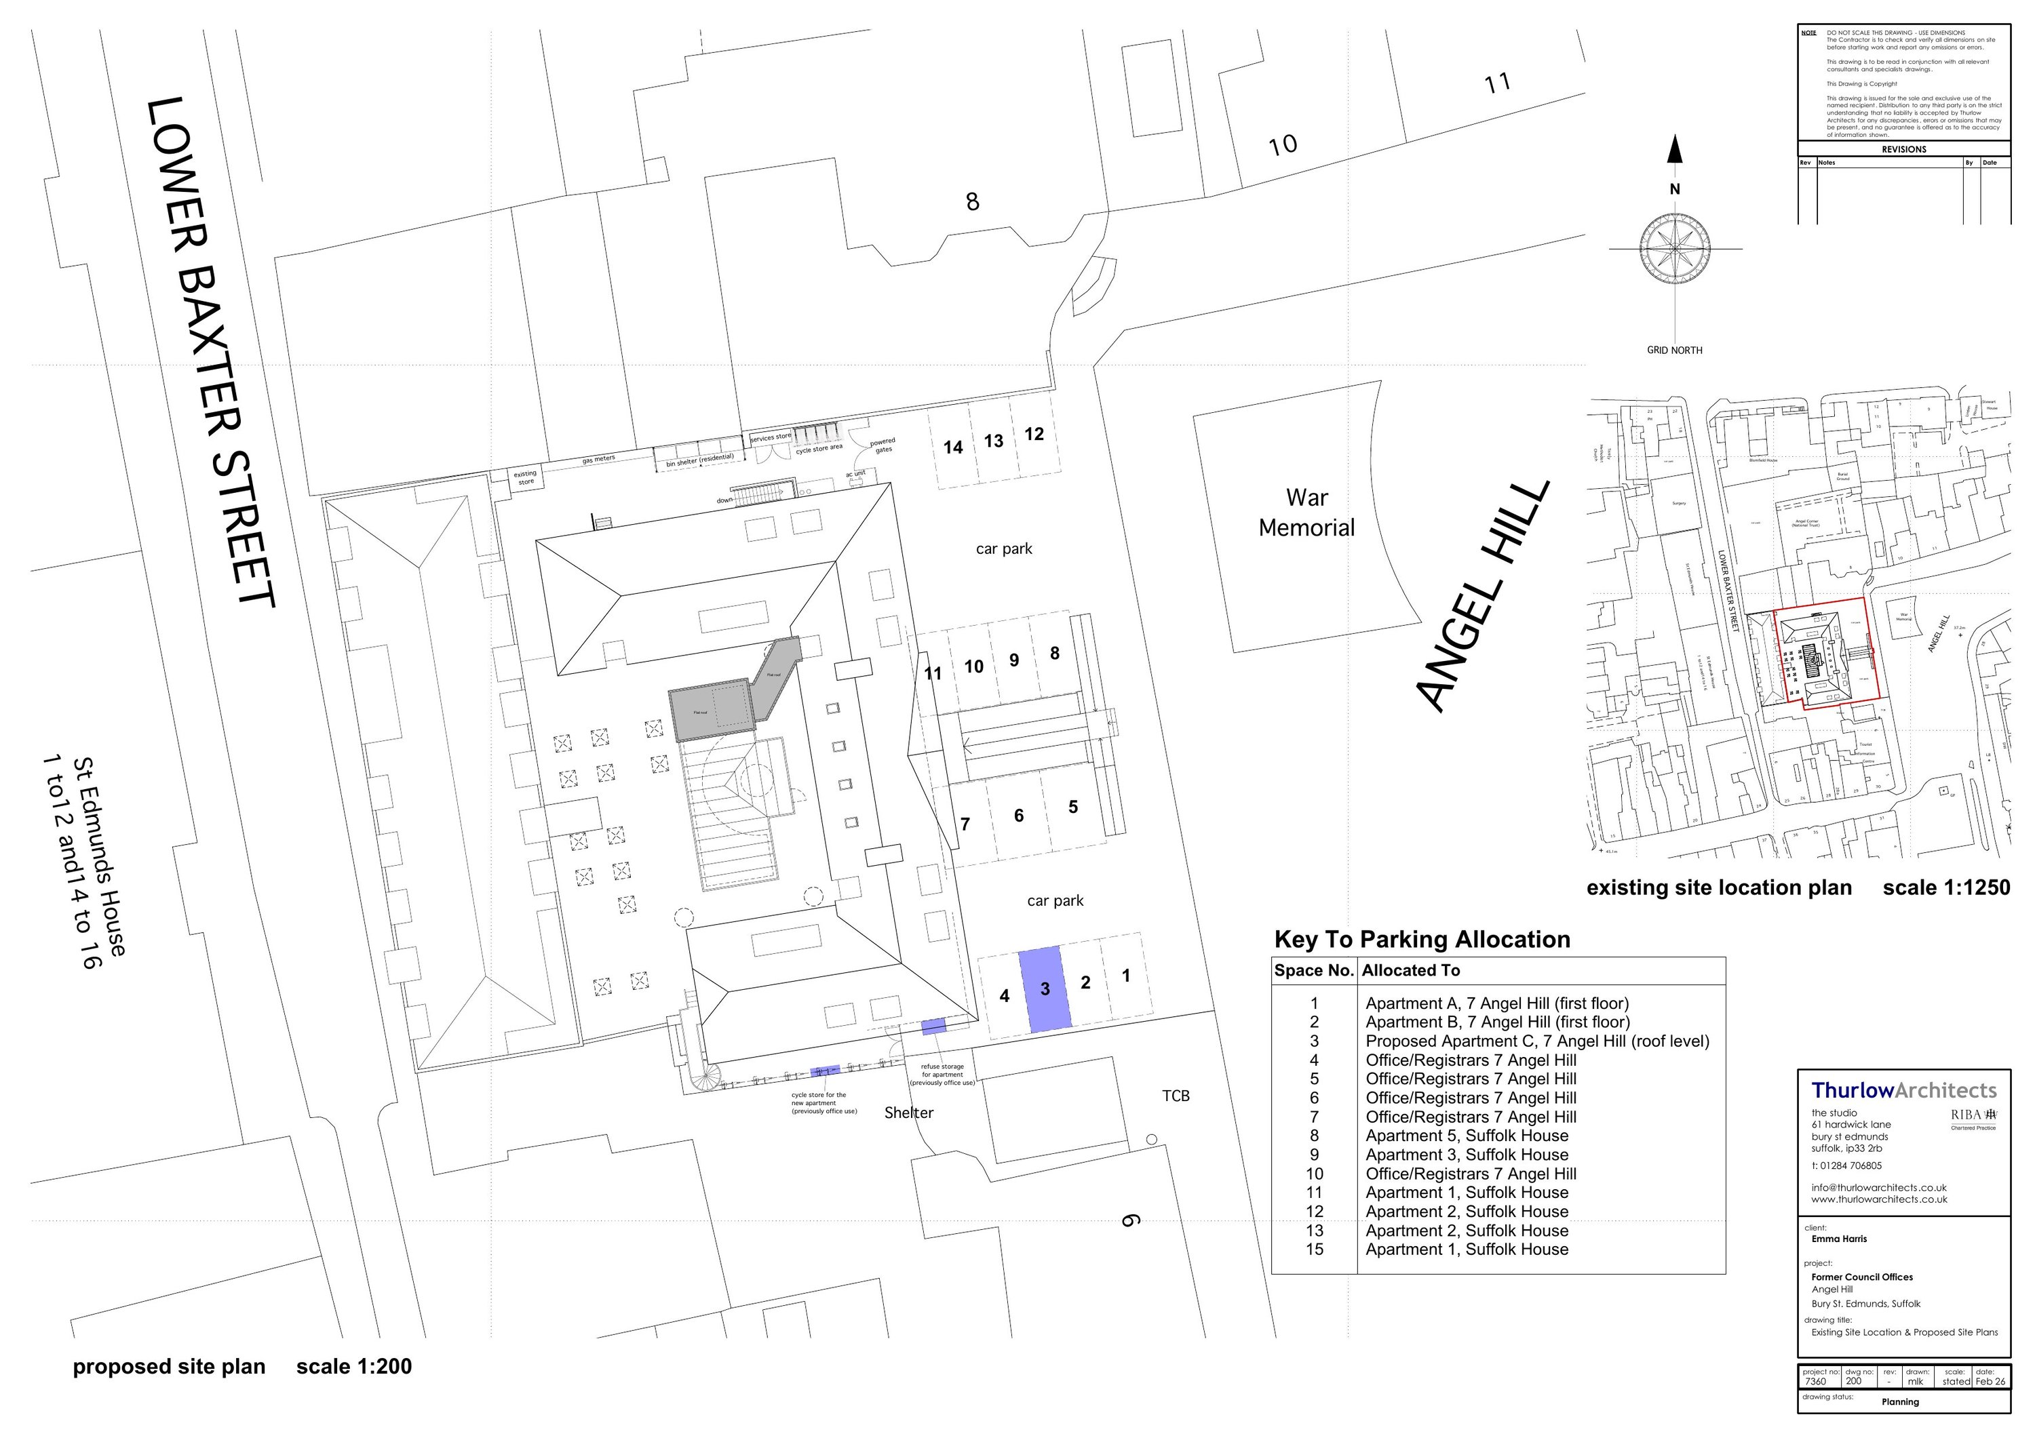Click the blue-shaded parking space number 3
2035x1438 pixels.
(x=1045, y=988)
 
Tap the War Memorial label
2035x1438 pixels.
(x=1306, y=513)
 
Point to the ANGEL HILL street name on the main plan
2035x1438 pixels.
(x=1483, y=597)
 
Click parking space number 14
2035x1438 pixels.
(x=953, y=447)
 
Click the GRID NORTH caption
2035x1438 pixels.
(x=1674, y=350)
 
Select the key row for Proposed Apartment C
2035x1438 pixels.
(x=1537, y=1041)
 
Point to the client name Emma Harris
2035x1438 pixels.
(x=1838, y=1239)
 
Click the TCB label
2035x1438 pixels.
(x=1176, y=1096)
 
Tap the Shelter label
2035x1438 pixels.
(x=908, y=1113)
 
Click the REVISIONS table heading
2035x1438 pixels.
(x=1904, y=149)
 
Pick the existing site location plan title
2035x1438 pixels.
(x=1719, y=887)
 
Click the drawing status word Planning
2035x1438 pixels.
(x=1900, y=1401)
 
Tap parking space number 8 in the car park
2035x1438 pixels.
(x=1055, y=653)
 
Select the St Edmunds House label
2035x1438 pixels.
(x=99, y=857)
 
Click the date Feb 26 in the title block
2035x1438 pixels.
(x=1990, y=1381)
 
